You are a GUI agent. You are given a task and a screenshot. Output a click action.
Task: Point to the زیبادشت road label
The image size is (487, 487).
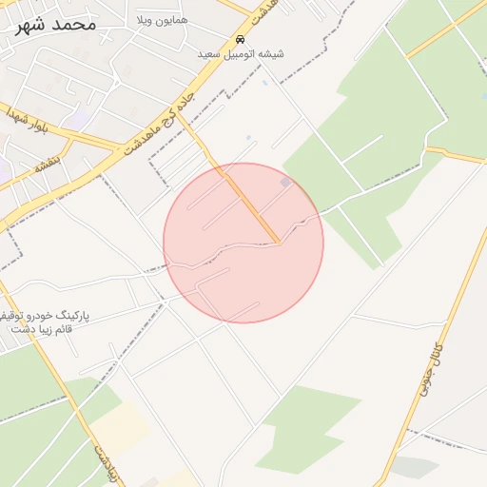(x=106, y=459)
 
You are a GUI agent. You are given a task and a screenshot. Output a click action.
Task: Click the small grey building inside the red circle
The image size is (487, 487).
(x=285, y=182)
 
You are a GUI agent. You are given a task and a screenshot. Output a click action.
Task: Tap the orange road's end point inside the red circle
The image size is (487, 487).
(x=278, y=243)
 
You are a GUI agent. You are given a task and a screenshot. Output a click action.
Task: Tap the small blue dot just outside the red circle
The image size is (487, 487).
(x=248, y=138)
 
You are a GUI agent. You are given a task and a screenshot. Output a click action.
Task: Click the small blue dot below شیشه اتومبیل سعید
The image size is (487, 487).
(x=264, y=82)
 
